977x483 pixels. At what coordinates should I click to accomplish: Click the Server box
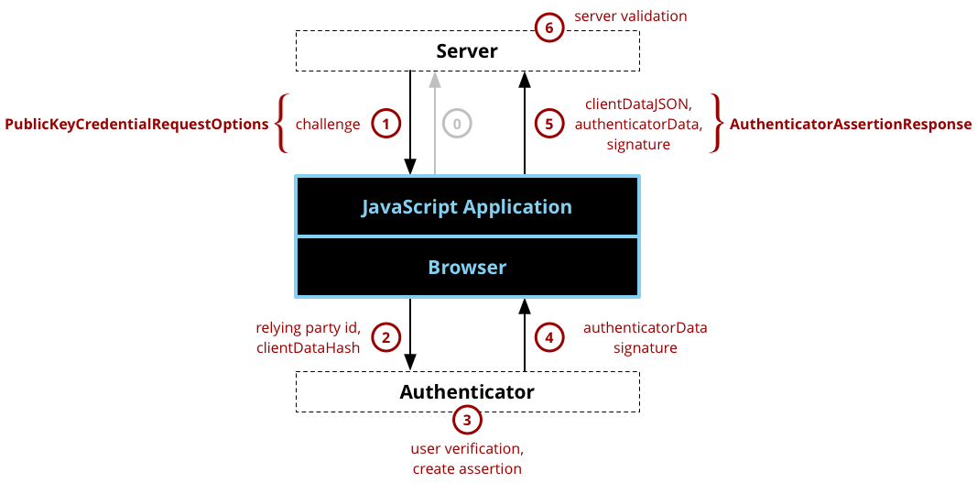click(x=467, y=50)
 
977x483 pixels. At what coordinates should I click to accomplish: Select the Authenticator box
click(x=467, y=392)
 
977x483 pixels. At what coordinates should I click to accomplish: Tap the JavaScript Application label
click(x=467, y=207)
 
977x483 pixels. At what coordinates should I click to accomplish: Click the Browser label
click(x=467, y=268)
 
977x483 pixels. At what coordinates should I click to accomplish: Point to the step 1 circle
click(x=386, y=124)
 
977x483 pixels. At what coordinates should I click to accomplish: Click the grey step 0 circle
click(x=457, y=124)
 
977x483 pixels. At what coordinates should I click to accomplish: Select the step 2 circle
click(x=386, y=337)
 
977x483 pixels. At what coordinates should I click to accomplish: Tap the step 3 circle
click(x=467, y=421)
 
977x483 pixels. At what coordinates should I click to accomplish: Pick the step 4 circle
click(x=548, y=337)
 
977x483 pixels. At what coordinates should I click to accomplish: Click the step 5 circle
click(x=548, y=124)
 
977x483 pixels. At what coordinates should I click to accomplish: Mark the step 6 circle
click(x=548, y=27)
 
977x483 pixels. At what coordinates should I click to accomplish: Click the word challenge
click(x=328, y=124)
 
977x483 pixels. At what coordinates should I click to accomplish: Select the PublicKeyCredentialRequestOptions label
click(x=137, y=124)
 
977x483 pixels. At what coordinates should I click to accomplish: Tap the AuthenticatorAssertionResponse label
click(x=851, y=124)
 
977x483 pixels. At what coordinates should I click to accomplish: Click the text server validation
click(x=630, y=16)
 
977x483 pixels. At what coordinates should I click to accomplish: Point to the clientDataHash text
click(x=308, y=347)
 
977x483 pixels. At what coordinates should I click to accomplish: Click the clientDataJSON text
click(x=638, y=104)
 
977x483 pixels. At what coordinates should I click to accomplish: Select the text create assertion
click(x=467, y=468)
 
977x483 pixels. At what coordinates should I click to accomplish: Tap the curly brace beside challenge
click(x=283, y=124)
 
